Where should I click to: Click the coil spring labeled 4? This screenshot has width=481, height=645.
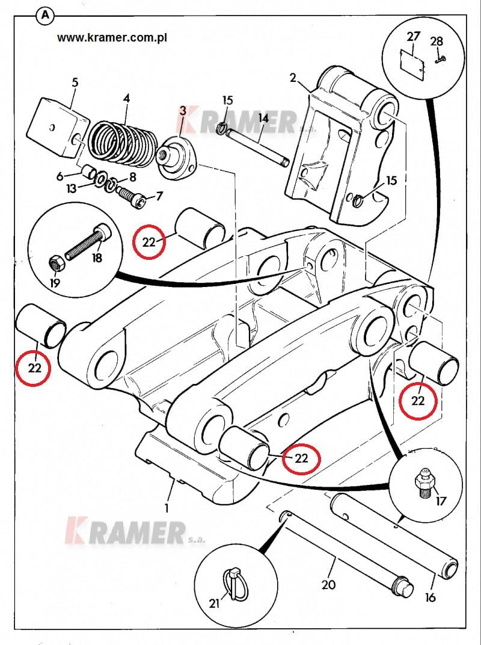click(x=123, y=141)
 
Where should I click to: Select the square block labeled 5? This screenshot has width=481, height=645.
click(x=58, y=128)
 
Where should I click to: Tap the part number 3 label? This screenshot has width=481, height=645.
click(x=183, y=110)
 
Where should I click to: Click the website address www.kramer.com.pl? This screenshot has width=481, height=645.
click(x=112, y=38)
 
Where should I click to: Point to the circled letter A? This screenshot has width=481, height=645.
click(x=45, y=16)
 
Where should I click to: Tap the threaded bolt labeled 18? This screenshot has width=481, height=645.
click(x=86, y=242)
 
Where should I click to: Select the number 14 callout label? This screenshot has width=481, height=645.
click(x=263, y=119)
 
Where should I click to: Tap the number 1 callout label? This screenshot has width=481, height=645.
click(x=167, y=508)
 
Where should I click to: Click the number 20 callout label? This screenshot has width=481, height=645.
click(x=328, y=585)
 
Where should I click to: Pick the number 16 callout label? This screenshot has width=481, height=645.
click(x=430, y=597)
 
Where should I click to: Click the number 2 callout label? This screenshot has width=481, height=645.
click(x=293, y=78)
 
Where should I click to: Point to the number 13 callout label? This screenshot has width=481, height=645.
click(x=72, y=189)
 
